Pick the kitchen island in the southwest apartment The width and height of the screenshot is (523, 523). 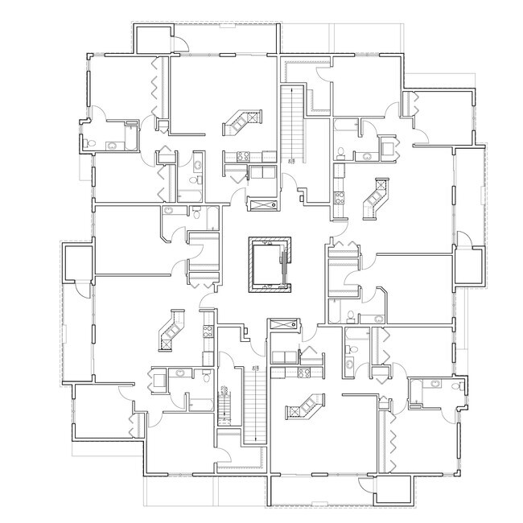173,330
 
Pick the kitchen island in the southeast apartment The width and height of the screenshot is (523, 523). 307,406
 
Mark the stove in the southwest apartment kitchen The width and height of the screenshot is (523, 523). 208,329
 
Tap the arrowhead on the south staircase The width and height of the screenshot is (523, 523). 253,366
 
